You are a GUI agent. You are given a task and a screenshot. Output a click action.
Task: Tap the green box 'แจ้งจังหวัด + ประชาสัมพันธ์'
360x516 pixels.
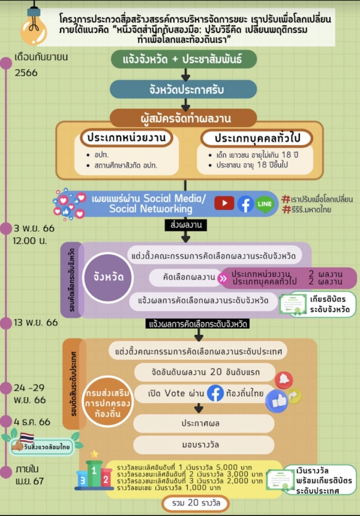click(x=184, y=60)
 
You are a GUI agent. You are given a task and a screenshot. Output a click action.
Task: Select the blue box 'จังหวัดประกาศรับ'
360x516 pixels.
click(x=184, y=89)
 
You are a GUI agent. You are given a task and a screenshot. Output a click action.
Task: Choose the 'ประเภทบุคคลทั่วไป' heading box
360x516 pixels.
click(x=257, y=137)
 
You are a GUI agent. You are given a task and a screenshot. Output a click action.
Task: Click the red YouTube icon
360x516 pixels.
click(x=224, y=203)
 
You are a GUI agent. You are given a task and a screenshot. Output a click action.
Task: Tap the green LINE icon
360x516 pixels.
click(x=264, y=204)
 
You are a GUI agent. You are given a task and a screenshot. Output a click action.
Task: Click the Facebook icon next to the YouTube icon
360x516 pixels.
click(x=245, y=204)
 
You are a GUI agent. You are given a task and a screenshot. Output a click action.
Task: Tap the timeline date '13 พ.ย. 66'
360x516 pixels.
click(x=36, y=323)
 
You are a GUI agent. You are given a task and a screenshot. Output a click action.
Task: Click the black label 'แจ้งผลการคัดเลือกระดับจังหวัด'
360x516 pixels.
click(x=198, y=324)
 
